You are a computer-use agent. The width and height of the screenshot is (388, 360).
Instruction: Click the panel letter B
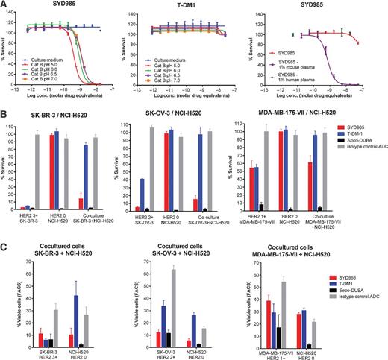(4, 117)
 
